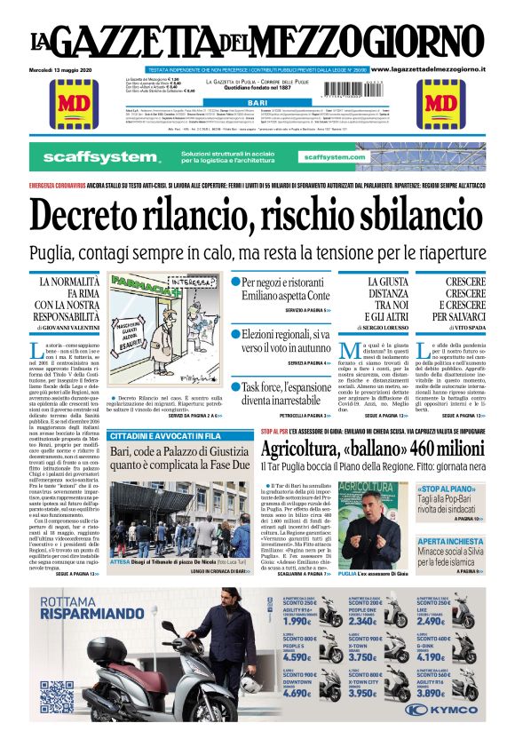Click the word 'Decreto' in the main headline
coord(100,215)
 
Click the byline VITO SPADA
coord(467,329)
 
